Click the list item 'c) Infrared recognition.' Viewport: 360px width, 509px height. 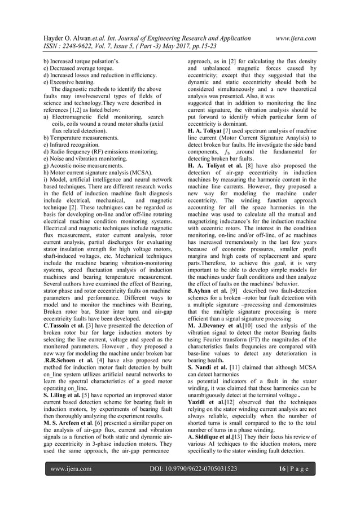coord(74,144)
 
